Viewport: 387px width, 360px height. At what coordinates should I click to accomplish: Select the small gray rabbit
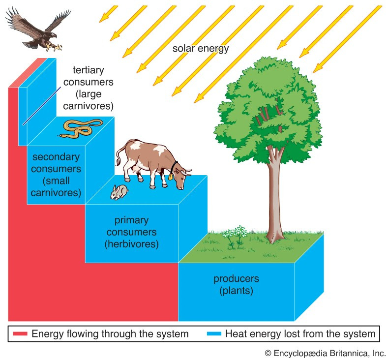tap(119, 192)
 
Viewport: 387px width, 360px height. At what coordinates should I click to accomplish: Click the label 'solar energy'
tap(201, 49)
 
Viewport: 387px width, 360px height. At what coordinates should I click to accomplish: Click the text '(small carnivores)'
tap(55, 186)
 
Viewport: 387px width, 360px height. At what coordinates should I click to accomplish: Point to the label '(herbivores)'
tap(131, 243)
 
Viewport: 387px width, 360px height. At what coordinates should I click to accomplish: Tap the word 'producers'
tap(236, 279)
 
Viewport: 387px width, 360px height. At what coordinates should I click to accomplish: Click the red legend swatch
tap(19, 334)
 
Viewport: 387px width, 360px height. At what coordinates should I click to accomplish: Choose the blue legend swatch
tap(213, 334)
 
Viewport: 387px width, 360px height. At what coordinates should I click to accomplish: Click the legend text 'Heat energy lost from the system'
tap(300, 334)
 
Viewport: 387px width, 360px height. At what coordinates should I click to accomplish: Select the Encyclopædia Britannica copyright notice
tap(325, 353)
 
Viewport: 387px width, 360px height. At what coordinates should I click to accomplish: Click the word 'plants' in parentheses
tap(236, 291)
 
